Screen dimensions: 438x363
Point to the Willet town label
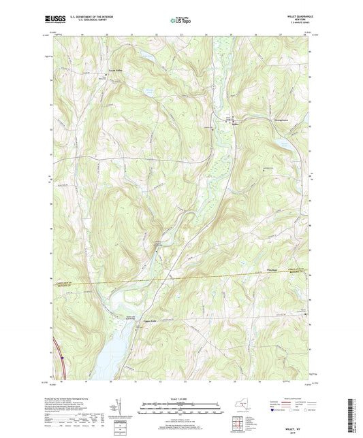tap(236, 124)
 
